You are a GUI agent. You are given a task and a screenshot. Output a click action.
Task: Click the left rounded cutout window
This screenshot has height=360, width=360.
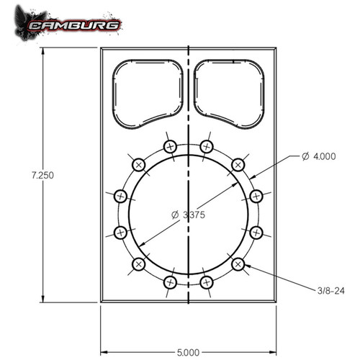[x=147, y=90]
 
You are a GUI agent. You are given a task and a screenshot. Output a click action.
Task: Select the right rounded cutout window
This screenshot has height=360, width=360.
[x=228, y=90]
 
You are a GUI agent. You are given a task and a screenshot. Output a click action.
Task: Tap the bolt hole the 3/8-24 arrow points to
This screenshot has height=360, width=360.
[x=238, y=264]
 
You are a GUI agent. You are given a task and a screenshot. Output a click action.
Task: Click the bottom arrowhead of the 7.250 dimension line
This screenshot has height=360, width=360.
[x=45, y=299]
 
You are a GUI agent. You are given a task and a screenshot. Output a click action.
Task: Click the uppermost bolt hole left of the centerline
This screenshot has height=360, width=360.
[x=170, y=147]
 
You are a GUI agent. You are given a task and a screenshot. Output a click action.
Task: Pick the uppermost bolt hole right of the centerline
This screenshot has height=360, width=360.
[x=207, y=147]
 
